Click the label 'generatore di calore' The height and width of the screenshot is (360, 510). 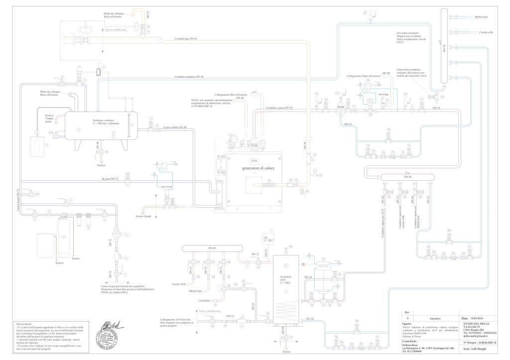click(257, 168)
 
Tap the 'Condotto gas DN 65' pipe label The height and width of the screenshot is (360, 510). click(186, 38)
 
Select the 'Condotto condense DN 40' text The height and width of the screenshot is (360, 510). click(189, 77)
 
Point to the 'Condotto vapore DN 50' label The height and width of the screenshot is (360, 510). click(279, 108)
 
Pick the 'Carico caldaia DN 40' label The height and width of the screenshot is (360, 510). click(174, 128)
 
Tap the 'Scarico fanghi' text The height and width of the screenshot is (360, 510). click(144, 216)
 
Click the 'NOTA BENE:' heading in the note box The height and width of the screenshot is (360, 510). click(24, 324)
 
